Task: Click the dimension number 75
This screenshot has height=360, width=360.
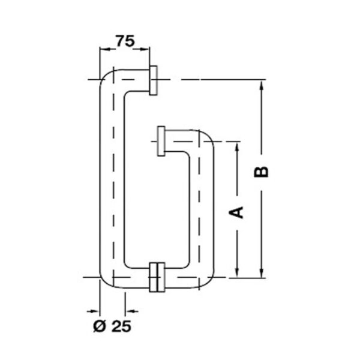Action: pos(125,41)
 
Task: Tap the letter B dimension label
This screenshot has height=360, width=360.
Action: pos(261,172)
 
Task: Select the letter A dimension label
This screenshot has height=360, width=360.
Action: pos(236,212)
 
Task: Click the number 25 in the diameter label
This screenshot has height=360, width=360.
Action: pos(121,326)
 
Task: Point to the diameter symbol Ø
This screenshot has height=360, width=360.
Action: pos(100,326)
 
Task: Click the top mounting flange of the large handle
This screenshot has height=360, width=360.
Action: pos(154,80)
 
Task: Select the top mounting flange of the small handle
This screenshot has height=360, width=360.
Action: pos(161,141)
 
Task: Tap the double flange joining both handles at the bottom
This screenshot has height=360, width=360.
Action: pos(157,277)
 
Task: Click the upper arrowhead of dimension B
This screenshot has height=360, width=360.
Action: pos(261,85)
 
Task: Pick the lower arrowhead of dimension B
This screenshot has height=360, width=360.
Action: pos(261,272)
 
